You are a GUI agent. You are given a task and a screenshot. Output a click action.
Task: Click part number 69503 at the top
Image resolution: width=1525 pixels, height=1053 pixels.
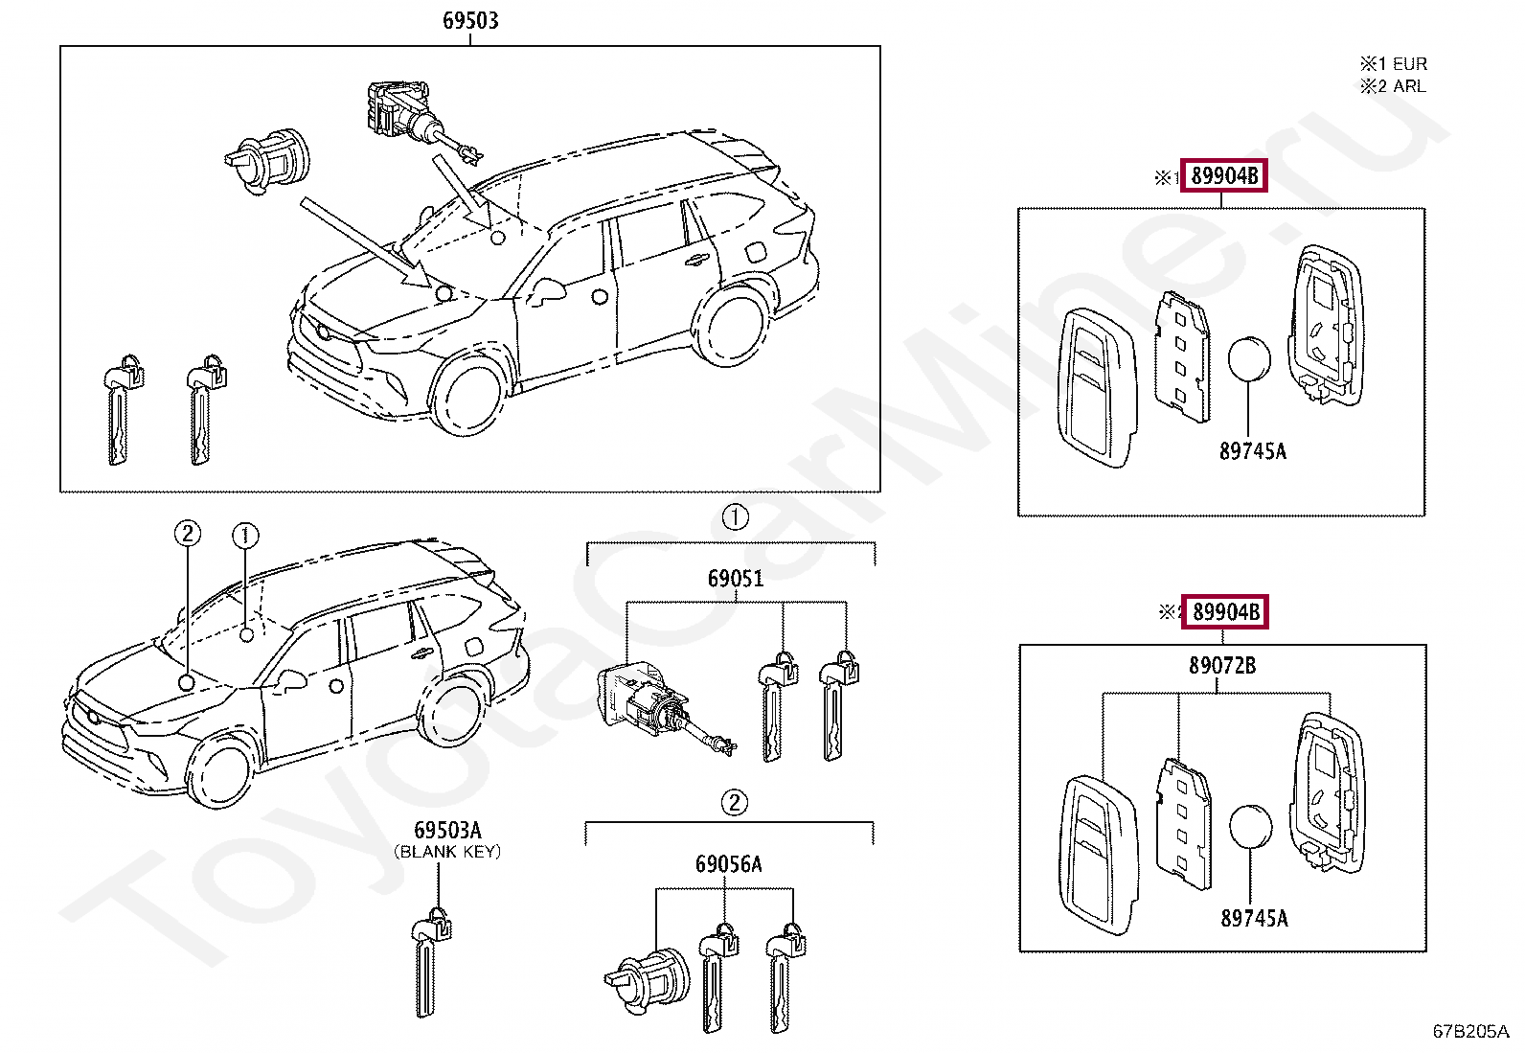click(x=470, y=20)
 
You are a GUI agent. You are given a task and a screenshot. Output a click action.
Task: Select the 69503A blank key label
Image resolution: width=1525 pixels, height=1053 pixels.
click(x=447, y=831)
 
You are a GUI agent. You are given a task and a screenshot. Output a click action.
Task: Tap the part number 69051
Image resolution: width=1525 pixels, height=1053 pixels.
click(x=736, y=579)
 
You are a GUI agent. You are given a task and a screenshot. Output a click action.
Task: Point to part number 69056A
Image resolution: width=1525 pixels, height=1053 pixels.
click(x=729, y=865)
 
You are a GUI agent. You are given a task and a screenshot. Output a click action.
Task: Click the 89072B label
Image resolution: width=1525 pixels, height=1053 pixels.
click(x=1222, y=666)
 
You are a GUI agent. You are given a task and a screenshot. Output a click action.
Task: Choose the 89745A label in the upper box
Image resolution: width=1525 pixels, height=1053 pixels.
click(x=1253, y=451)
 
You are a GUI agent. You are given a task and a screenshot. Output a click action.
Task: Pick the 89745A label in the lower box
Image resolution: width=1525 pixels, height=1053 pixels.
click(x=1254, y=918)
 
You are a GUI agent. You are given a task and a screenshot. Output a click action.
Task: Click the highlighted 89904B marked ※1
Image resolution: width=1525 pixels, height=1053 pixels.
click(x=1224, y=175)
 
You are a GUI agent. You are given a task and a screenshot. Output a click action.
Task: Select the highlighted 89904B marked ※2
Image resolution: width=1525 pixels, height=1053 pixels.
click(x=1225, y=611)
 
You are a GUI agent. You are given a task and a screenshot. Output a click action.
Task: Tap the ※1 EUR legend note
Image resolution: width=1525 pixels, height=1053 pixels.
click(x=1394, y=64)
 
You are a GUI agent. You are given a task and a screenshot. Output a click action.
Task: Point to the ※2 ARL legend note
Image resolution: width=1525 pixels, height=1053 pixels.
click(x=1394, y=86)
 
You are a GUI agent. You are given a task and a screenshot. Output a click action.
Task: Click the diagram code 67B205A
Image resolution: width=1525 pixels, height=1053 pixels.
click(x=1470, y=1031)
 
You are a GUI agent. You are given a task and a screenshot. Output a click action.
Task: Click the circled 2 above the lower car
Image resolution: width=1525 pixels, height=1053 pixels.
click(x=188, y=534)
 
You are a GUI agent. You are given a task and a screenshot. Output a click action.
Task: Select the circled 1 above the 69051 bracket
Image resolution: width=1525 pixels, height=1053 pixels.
click(x=735, y=518)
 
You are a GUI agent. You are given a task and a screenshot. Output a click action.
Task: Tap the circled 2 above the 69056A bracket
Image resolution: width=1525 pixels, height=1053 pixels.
click(x=734, y=802)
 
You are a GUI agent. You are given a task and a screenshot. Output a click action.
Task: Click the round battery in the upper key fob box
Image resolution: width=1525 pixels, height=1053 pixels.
click(x=1249, y=359)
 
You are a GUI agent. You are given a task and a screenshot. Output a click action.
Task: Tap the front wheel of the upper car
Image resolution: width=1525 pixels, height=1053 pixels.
click(x=469, y=395)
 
